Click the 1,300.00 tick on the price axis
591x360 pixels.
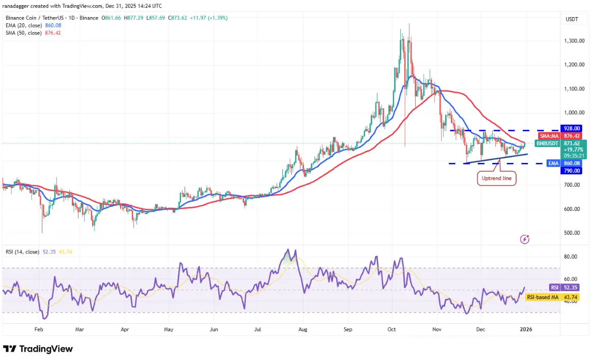[x=574, y=41]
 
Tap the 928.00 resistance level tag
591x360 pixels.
[x=571, y=128]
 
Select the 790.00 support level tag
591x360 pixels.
[x=571, y=171]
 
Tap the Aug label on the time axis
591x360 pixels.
[x=303, y=328]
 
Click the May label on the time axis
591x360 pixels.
[x=168, y=328]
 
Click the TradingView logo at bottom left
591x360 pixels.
[x=38, y=349]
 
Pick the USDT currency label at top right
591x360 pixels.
[x=571, y=20]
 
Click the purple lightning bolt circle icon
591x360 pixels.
[x=525, y=239]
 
